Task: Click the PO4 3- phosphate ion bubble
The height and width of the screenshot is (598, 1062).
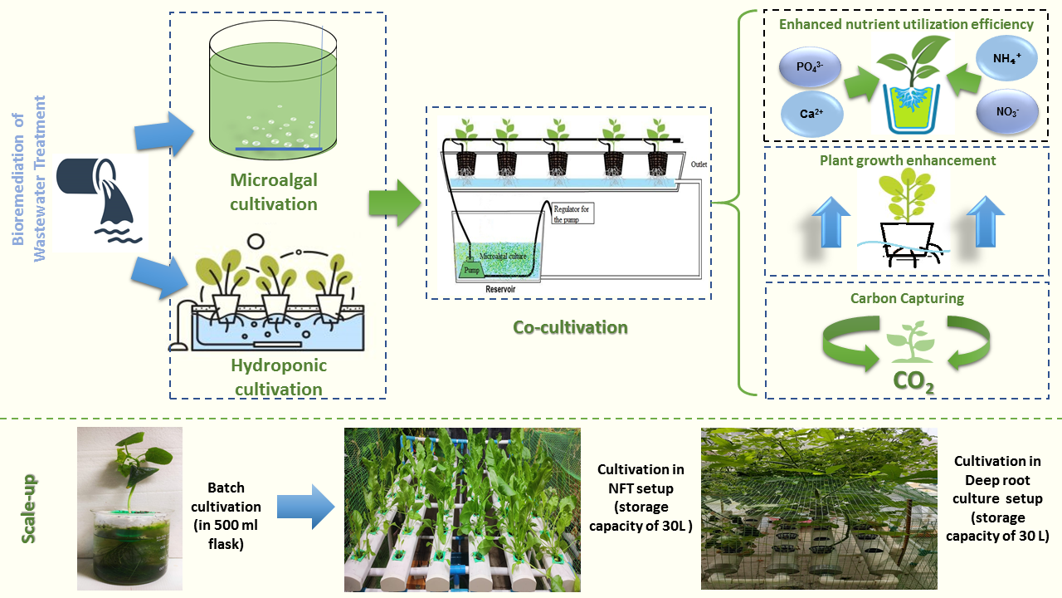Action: (x=810, y=66)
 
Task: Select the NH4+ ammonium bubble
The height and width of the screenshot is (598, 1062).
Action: (x=1006, y=58)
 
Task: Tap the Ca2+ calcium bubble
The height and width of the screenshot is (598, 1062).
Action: (x=811, y=114)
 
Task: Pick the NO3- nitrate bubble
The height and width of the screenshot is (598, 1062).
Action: (x=1007, y=111)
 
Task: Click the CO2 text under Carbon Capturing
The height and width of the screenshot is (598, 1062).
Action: (x=913, y=381)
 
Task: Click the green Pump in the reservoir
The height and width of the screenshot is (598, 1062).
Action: (x=472, y=270)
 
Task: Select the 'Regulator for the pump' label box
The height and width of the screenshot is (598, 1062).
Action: (x=572, y=213)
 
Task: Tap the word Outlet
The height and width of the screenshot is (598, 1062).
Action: (x=699, y=164)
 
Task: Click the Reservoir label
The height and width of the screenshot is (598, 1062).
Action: (x=500, y=289)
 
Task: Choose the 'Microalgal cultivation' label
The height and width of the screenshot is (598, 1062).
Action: (x=274, y=192)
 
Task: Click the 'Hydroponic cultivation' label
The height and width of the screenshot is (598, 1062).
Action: (x=279, y=377)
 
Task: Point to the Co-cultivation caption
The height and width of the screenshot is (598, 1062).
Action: (x=570, y=327)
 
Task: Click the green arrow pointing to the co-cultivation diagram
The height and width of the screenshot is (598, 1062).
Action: (x=395, y=203)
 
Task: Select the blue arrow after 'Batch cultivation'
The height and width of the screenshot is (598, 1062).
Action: (x=306, y=507)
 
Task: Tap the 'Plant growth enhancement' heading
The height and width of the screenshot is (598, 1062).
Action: (x=908, y=160)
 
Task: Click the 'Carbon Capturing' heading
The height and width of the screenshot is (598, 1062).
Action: (x=907, y=298)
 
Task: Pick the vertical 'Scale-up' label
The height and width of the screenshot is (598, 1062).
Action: (x=29, y=509)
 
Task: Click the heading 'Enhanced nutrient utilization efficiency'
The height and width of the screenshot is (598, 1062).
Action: (x=906, y=24)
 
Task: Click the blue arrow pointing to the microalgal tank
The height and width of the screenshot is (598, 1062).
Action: (x=164, y=135)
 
